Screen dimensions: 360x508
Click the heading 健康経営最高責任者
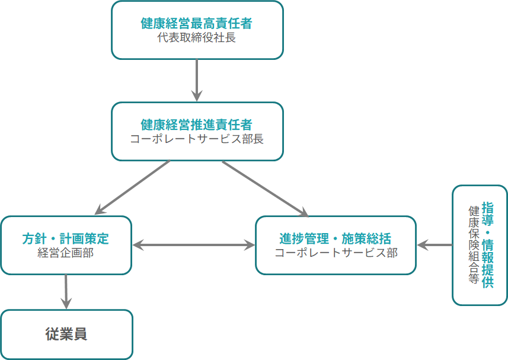click(x=197, y=24)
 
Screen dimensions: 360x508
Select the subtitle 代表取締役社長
click(x=197, y=38)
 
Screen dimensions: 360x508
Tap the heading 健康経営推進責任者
click(x=197, y=125)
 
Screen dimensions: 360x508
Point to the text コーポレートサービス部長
click(x=197, y=139)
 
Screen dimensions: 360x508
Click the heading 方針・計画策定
click(x=66, y=239)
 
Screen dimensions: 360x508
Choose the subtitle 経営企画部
click(x=66, y=253)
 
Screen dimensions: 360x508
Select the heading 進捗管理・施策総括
click(x=336, y=239)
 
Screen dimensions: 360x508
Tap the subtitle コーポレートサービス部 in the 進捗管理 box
click(x=336, y=253)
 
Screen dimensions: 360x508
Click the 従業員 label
click(x=66, y=334)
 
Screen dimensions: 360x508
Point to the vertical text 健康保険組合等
click(x=473, y=245)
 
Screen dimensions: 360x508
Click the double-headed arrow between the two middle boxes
click(x=193, y=244)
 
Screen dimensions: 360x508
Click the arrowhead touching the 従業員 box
click(x=66, y=303)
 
